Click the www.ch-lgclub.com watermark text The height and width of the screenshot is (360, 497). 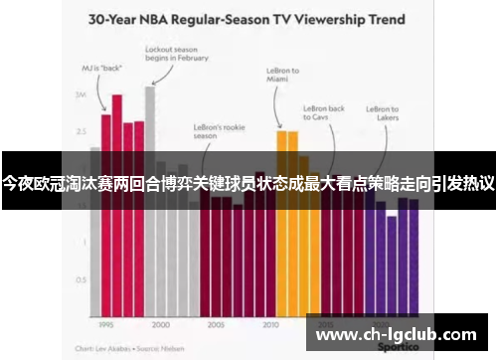(396, 335)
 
